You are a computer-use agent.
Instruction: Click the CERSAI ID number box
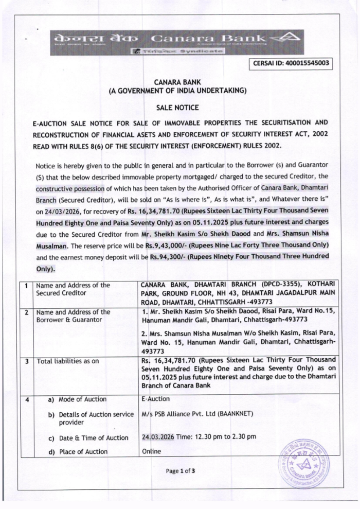point(291,63)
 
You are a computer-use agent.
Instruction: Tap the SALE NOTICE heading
point(177,108)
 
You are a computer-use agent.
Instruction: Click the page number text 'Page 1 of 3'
point(180,471)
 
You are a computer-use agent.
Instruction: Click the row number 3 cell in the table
point(27,361)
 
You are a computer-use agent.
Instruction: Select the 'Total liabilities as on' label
point(68,361)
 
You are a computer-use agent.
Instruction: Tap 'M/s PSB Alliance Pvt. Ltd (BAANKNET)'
point(198,414)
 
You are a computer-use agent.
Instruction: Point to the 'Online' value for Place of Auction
point(152,451)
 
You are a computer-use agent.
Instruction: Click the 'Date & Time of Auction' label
point(94,438)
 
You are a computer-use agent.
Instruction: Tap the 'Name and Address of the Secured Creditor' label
point(73,289)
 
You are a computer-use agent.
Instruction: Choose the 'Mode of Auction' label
point(82,399)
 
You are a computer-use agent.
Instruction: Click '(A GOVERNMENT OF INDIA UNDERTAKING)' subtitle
point(178,91)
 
